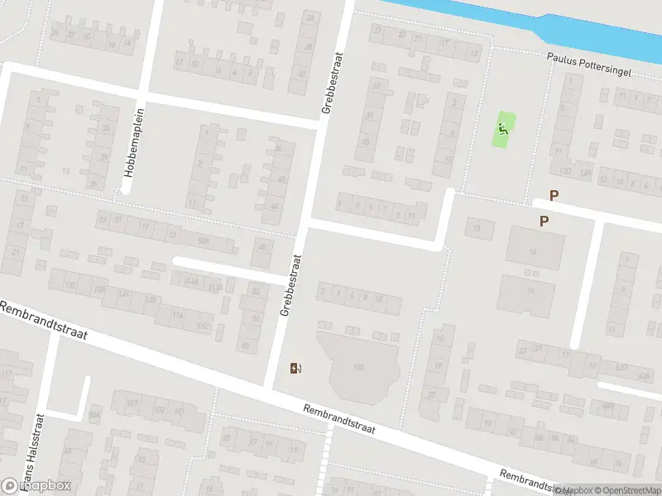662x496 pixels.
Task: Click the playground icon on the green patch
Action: point(502,129)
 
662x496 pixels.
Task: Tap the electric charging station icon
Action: point(295,368)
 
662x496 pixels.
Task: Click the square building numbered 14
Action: point(534,250)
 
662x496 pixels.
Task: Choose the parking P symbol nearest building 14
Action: point(544,221)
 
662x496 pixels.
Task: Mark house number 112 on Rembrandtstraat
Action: point(204,326)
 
